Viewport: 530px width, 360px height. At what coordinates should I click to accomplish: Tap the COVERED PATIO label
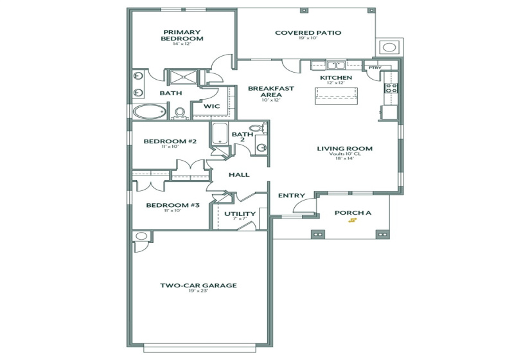coord(308,33)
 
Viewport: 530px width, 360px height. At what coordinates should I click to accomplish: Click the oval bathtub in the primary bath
coord(150,112)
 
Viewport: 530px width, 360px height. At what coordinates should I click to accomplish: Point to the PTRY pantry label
coord(374,67)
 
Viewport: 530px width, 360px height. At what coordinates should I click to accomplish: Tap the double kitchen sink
coord(333,65)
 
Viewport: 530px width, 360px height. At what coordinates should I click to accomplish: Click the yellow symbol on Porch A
coord(352,221)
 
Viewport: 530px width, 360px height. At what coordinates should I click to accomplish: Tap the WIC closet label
coord(212,107)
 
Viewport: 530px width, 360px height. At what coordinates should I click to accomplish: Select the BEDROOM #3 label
coord(173,205)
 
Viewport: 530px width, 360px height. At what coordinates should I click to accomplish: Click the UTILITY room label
coord(240,213)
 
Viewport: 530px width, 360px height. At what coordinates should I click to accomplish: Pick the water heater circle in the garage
coord(141,237)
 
